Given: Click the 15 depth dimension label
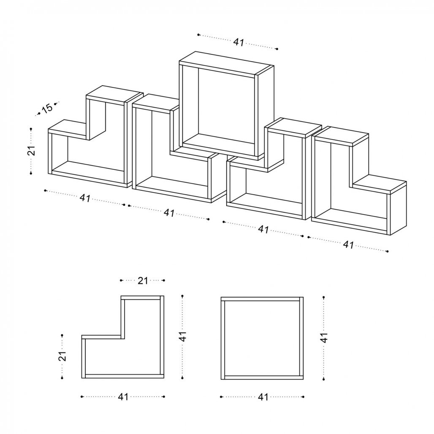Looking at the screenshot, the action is pyautogui.click(x=47, y=108).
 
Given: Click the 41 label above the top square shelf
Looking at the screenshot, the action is pyautogui.click(x=239, y=42).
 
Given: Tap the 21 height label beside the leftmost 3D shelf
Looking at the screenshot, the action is pyautogui.click(x=32, y=151).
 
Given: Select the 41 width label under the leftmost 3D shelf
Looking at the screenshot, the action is pyautogui.click(x=85, y=198).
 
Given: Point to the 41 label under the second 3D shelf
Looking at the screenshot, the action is pyautogui.click(x=169, y=213).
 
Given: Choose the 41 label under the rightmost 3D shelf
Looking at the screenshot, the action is pyautogui.click(x=348, y=245).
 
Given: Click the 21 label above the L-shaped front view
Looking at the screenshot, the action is pyautogui.click(x=143, y=281).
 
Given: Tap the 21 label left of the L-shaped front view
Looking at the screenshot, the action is pyautogui.click(x=62, y=356).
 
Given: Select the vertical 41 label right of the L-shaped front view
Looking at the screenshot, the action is pyautogui.click(x=183, y=336).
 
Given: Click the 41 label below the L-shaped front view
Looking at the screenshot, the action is pyautogui.click(x=123, y=396).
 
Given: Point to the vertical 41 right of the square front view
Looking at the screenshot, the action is pyautogui.click(x=324, y=337).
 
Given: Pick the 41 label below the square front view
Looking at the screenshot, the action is pyautogui.click(x=263, y=397).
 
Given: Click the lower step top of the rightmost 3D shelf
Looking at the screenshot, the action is pyautogui.click(x=380, y=184).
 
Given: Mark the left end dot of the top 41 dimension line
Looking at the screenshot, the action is pyautogui.click(x=198, y=35).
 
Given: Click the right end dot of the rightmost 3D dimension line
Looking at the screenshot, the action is pyautogui.click(x=387, y=251).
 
